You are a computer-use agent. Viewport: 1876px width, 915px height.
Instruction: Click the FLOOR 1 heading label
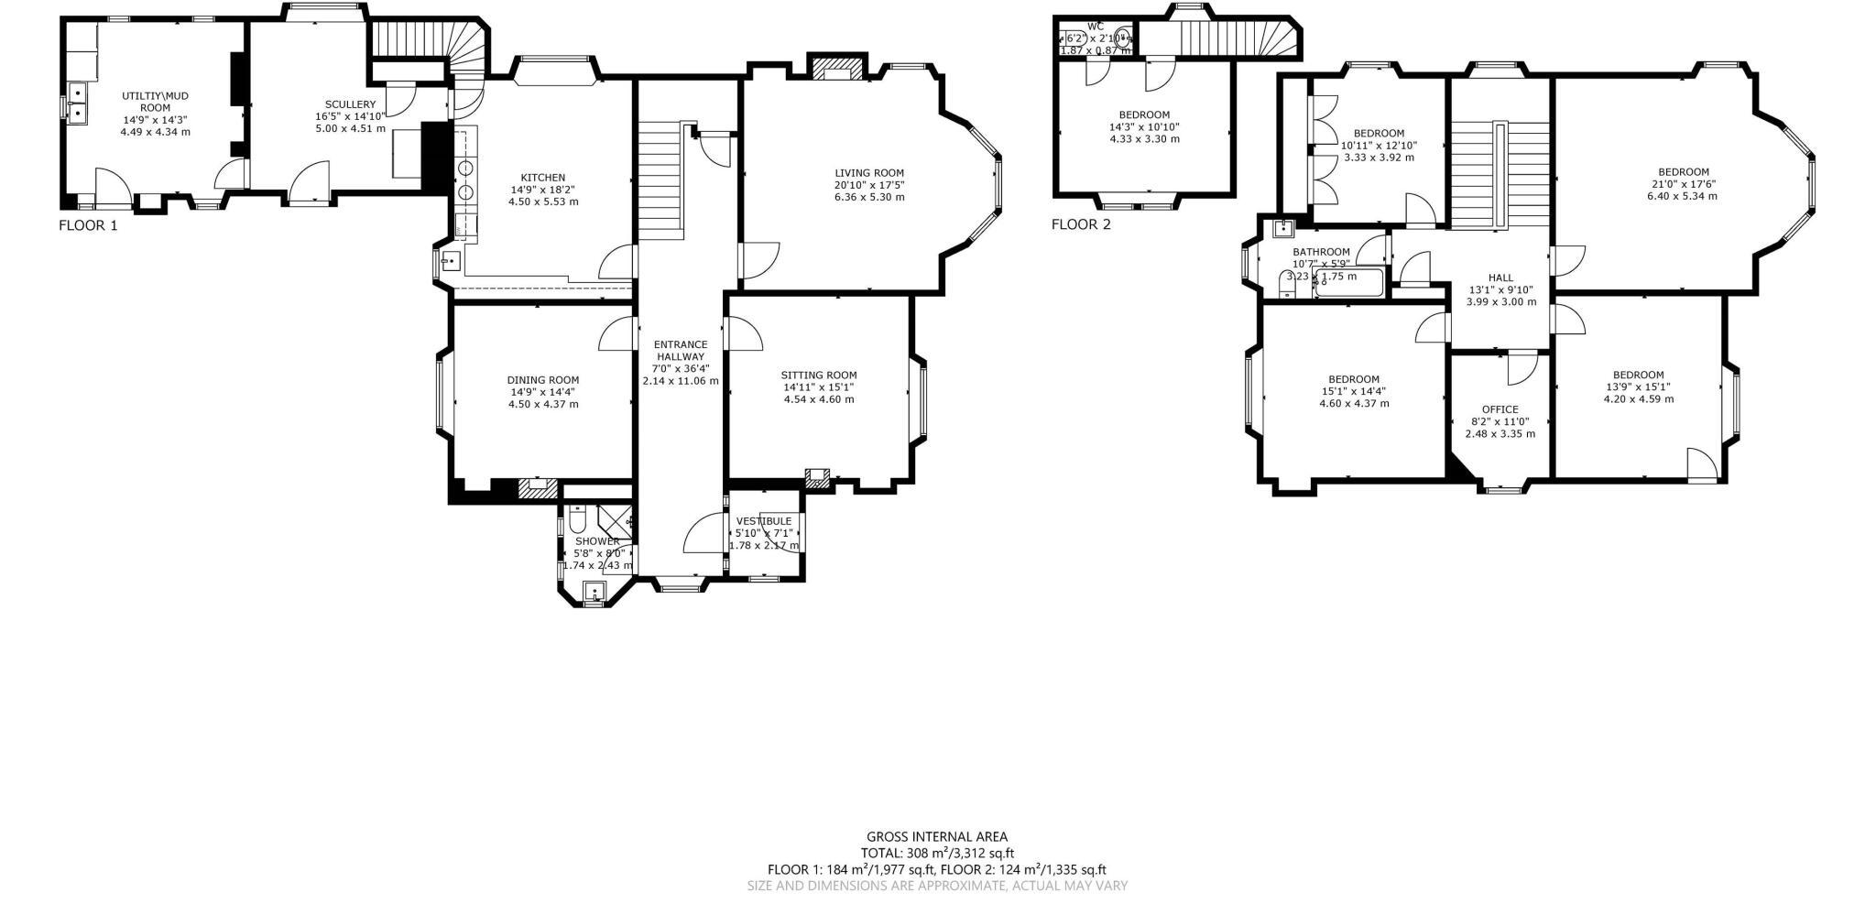click(88, 225)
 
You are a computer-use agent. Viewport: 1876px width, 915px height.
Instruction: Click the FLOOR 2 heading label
click(1081, 224)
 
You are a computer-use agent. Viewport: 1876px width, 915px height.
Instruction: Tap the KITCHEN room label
click(543, 178)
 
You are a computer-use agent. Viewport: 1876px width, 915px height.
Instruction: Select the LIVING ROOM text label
click(868, 173)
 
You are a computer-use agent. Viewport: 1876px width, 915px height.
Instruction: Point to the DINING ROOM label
click(543, 380)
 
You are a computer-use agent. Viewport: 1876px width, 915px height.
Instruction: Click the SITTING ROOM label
click(819, 375)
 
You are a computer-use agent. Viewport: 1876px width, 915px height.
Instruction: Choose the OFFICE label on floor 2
click(1500, 409)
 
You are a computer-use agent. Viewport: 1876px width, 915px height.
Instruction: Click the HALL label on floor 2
click(1500, 278)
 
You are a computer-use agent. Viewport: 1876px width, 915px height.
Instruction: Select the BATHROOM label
click(1321, 252)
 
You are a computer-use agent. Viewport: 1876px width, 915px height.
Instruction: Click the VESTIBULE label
click(763, 521)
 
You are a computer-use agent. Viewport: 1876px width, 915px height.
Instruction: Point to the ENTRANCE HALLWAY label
click(681, 351)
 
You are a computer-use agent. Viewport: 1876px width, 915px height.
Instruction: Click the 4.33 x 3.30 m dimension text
click(1144, 139)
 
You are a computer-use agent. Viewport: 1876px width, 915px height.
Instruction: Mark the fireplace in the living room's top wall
click(837, 69)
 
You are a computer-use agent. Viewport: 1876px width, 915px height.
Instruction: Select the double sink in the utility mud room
click(77, 102)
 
